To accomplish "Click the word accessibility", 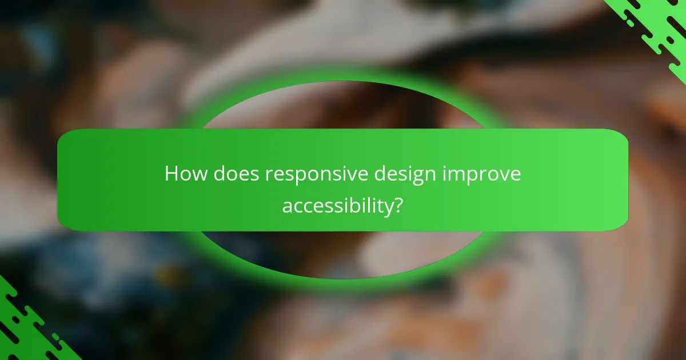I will pos(336,206).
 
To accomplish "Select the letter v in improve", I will pos(502,175).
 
